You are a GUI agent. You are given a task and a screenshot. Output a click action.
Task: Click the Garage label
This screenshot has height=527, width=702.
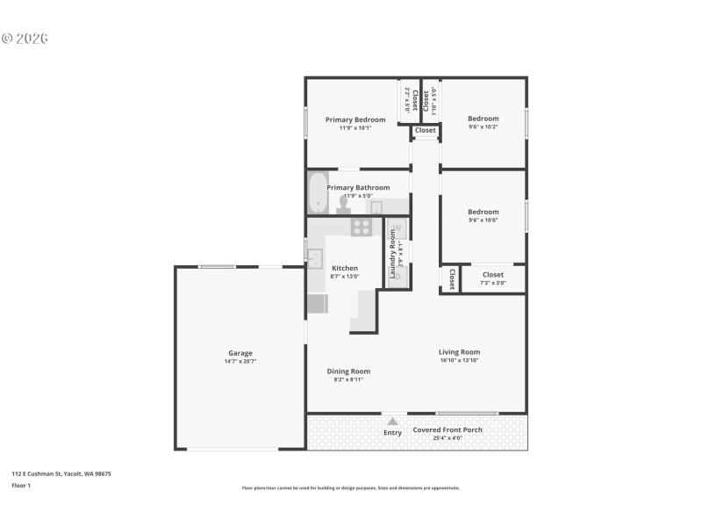click(x=240, y=353)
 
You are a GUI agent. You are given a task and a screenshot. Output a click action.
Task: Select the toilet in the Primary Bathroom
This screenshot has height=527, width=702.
click(x=343, y=205)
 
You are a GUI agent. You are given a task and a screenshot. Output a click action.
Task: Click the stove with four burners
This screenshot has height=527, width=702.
click(x=362, y=227)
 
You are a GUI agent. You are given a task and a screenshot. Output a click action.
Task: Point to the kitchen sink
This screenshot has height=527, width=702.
click(x=315, y=258)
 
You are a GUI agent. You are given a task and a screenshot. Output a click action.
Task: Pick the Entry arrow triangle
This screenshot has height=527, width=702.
click(x=392, y=422)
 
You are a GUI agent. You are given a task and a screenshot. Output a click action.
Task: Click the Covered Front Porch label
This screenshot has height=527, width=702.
click(x=448, y=430)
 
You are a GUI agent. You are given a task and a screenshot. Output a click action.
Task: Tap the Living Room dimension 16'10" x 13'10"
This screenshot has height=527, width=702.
click(x=459, y=361)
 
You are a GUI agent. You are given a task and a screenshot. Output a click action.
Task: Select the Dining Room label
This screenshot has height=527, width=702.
click(x=348, y=371)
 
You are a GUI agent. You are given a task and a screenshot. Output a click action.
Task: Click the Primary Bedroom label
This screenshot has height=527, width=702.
click(x=355, y=119)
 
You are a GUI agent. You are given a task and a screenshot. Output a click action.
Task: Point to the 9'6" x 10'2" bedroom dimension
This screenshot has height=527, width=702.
click(x=483, y=127)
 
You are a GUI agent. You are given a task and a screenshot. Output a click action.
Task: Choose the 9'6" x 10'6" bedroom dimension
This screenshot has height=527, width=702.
click(x=483, y=220)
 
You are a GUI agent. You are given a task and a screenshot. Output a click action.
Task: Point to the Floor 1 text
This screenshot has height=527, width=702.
click(x=21, y=485)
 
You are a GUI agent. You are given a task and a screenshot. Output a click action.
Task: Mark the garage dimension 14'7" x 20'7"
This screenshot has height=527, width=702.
click(x=240, y=362)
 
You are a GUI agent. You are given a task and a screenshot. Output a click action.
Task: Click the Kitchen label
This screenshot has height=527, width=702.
click(x=344, y=268)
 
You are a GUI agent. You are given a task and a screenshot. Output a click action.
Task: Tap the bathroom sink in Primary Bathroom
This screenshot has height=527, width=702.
click(x=376, y=208)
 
